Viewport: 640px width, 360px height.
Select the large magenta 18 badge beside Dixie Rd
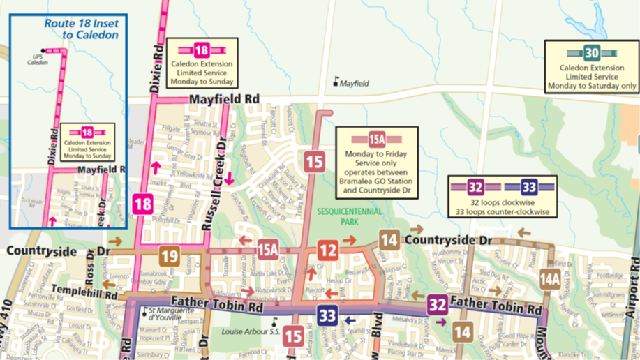pos(142,204)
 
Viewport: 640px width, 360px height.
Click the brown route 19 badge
pos(169,256)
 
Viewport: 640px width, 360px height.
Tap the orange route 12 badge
pos(328,249)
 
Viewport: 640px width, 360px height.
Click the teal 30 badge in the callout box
pos(591,53)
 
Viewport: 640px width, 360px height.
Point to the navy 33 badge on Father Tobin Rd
pos(327,315)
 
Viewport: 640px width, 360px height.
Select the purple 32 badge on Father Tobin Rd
pos(438,305)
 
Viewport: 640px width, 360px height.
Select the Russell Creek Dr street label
pos(214,185)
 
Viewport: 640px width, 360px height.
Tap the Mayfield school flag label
pos(352,83)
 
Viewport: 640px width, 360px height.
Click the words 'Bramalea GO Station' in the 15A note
pos(377,181)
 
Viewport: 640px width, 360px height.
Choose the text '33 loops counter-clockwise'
pos(502,211)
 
